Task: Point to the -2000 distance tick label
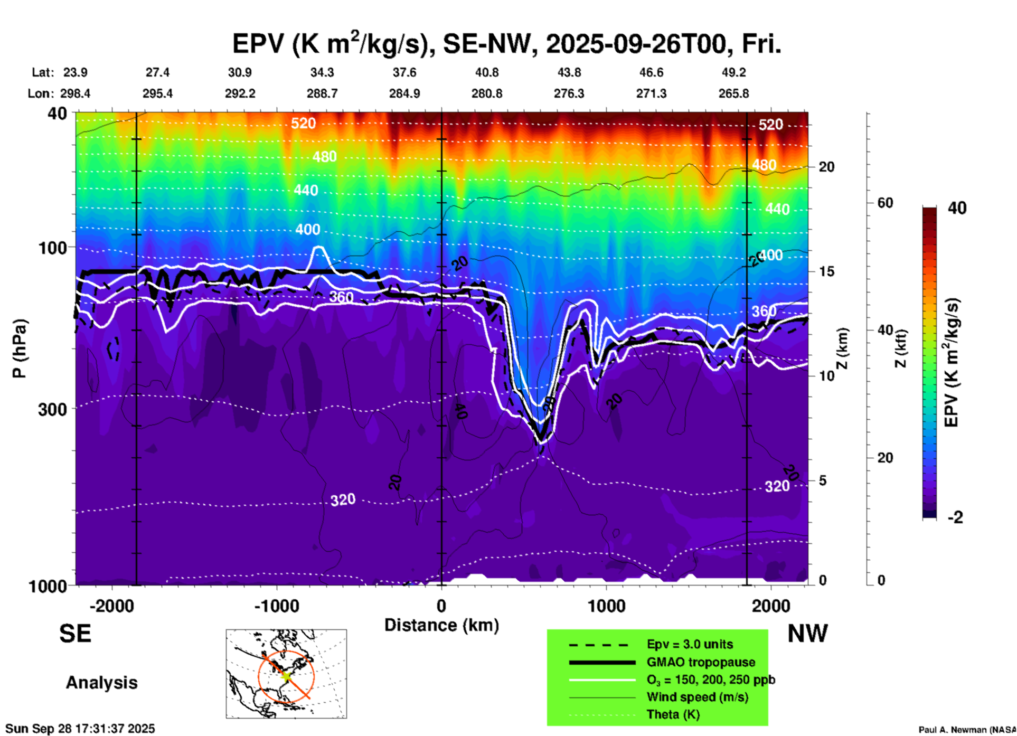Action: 111,606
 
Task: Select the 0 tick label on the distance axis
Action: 441,606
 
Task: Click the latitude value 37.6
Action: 404,72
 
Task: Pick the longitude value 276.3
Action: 569,93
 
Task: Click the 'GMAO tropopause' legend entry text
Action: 701,662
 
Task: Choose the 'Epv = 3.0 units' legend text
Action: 690,645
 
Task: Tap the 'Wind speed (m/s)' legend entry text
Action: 698,697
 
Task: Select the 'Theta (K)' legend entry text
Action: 673,714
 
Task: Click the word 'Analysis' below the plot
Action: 101,682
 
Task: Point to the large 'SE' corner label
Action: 75,634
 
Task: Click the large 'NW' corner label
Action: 807,634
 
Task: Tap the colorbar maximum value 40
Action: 957,208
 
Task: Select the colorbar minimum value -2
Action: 955,517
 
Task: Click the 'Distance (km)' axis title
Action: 441,625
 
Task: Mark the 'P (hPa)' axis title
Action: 20,348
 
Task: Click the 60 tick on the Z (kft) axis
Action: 885,203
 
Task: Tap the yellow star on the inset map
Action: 286,675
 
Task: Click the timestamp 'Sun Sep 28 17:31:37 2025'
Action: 80,729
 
